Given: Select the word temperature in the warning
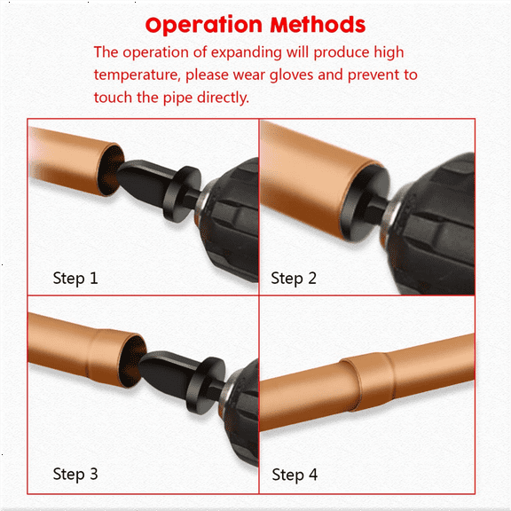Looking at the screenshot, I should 138,75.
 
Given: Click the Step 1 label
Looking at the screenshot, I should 75,278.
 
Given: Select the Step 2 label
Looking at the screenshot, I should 294,278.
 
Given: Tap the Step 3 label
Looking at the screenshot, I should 75,474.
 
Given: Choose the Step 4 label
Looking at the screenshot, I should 294,475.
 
